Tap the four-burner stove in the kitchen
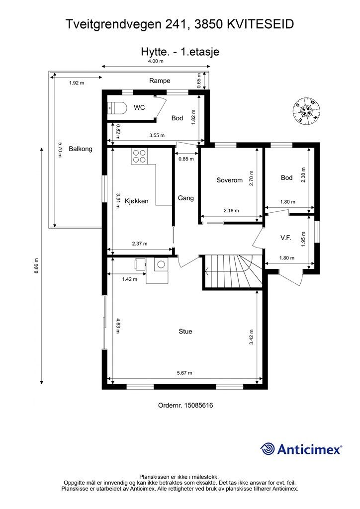point(139,156)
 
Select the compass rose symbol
point(306,111)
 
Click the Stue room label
point(185,332)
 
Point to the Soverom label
point(230,180)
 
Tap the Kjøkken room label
point(136,201)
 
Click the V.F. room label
point(285,238)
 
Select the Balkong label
point(81,149)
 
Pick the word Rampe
point(160,81)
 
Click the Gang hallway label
point(185,198)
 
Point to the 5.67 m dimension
point(184,373)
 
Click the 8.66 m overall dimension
point(36,266)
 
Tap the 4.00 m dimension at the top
point(156,61)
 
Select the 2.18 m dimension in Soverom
point(231,211)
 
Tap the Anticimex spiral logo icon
point(268,449)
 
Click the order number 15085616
point(199,406)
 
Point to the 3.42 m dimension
point(251,338)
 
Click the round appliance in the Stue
point(161,264)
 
